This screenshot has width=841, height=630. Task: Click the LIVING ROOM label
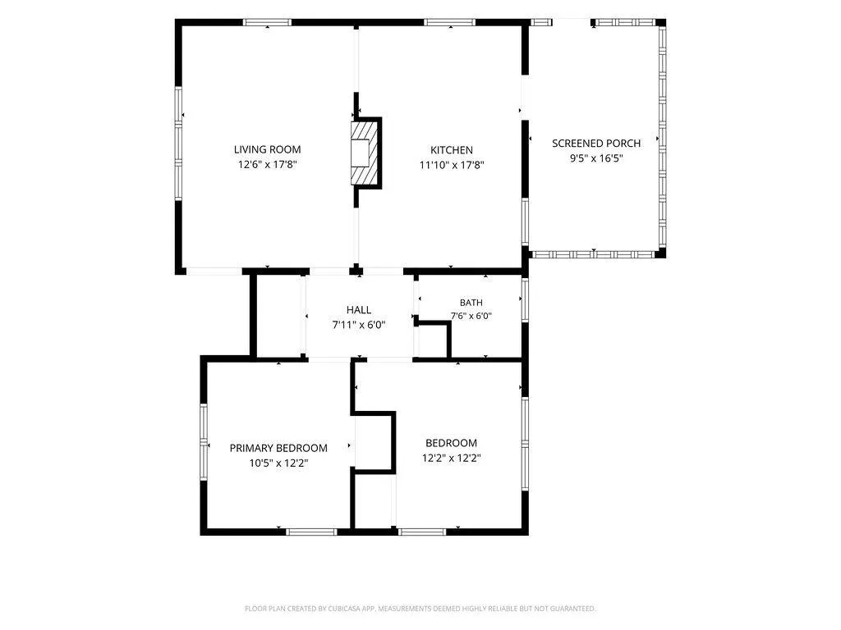point(267,149)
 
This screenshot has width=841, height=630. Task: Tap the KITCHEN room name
point(452,150)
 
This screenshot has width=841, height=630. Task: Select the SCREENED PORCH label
point(596,143)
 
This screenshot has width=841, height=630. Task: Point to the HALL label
point(359,309)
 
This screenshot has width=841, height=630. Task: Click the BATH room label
point(471,303)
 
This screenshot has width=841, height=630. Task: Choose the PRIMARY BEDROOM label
point(278,448)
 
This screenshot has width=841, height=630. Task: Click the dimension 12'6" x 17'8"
point(267,164)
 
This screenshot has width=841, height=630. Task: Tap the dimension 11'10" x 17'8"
point(452,165)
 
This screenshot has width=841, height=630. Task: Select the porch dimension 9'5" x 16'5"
point(596,158)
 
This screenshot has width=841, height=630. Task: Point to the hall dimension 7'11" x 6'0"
point(359,325)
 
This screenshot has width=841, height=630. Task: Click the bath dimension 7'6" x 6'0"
point(471,316)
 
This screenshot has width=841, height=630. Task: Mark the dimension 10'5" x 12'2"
point(278,463)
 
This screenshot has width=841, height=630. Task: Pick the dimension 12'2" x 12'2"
point(451,458)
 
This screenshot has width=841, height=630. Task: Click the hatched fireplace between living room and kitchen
point(362,153)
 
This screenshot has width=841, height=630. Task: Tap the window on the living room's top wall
point(267,22)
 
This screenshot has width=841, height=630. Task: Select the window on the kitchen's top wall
point(449,22)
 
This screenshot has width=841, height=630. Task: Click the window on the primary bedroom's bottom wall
point(311,532)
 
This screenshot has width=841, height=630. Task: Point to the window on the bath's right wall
point(526,299)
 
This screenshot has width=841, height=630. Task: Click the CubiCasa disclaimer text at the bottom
point(420,609)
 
